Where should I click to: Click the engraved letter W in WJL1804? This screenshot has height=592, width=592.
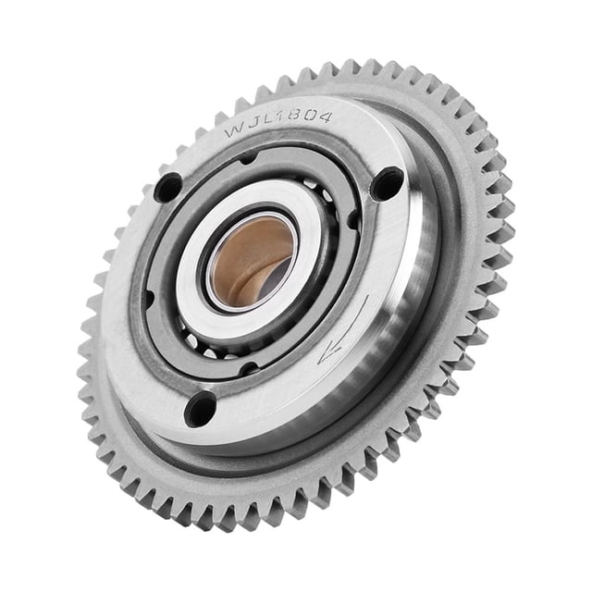click(234, 131)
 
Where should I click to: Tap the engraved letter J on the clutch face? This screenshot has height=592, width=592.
click(252, 127)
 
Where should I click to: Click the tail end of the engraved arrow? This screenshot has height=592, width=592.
click(367, 296)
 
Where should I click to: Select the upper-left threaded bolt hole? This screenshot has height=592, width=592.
click(168, 188)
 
